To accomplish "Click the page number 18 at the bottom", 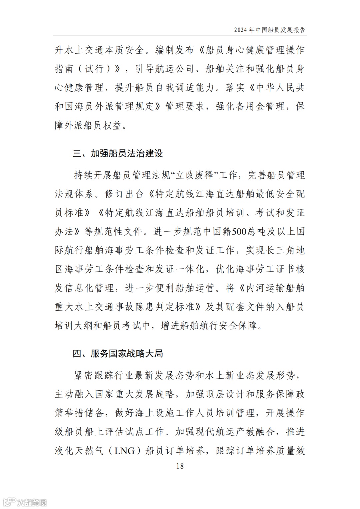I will pyautogui.click(x=180, y=466).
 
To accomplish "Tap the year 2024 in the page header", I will pyautogui.click(x=240, y=30).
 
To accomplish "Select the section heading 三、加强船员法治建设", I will pyautogui.click(x=118, y=153).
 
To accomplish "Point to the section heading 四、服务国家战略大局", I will pyautogui.click(x=118, y=353).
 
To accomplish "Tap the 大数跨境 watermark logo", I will pyautogui.click(x=25, y=502).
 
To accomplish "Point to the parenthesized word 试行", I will pyautogui.click(x=94, y=69).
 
